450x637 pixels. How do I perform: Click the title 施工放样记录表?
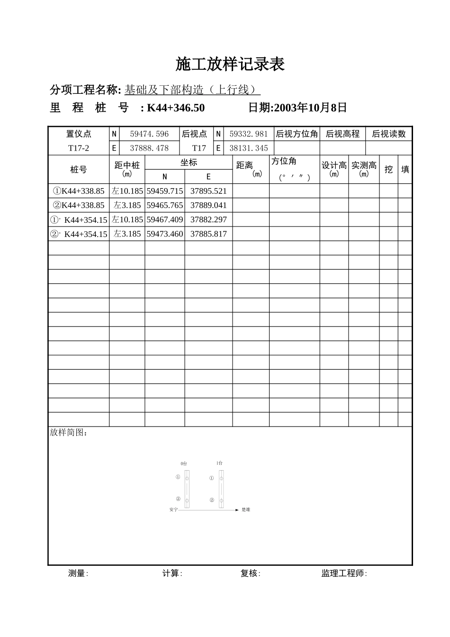coord(230,64)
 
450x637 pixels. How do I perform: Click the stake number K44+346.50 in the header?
coord(176,108)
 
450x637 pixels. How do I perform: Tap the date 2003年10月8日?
coord(310,108)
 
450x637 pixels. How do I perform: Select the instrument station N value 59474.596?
coord(149,134)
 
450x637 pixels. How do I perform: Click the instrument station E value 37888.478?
coord(149,148)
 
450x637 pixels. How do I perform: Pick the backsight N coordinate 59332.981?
coord(249,134)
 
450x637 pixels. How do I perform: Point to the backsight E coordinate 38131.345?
coord(249,148)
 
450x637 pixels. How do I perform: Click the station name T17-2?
coord(79,148)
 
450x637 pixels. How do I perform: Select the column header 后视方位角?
coord(297,134)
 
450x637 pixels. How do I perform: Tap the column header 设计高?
coord(334,166)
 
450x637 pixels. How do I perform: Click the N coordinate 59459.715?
coord(165,191)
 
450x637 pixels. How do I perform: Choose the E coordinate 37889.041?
coord(208,205)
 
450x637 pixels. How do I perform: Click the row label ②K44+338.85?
coord(79,205)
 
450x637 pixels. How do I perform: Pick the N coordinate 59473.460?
coord(165,234)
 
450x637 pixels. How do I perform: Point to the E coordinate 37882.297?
coord(208,219)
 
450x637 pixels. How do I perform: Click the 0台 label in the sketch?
coord(184,463)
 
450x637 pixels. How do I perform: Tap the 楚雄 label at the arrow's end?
coord(246,510)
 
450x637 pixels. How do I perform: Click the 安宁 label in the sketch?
coord(173,510)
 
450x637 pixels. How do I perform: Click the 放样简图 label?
coord(68,433)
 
